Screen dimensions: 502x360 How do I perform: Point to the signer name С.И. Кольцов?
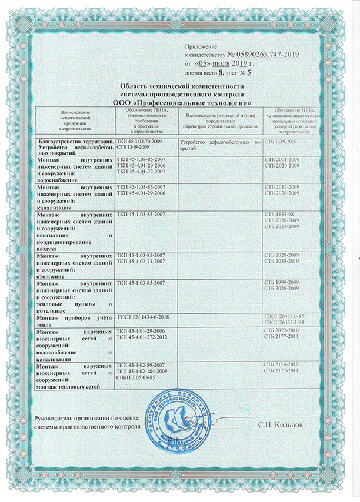pyautogui.click(x=281, y=424)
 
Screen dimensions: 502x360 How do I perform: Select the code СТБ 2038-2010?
pyautogui.click(x=282, y=260)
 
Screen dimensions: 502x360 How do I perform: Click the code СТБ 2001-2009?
pyautogui.click(x=282, y=160)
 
